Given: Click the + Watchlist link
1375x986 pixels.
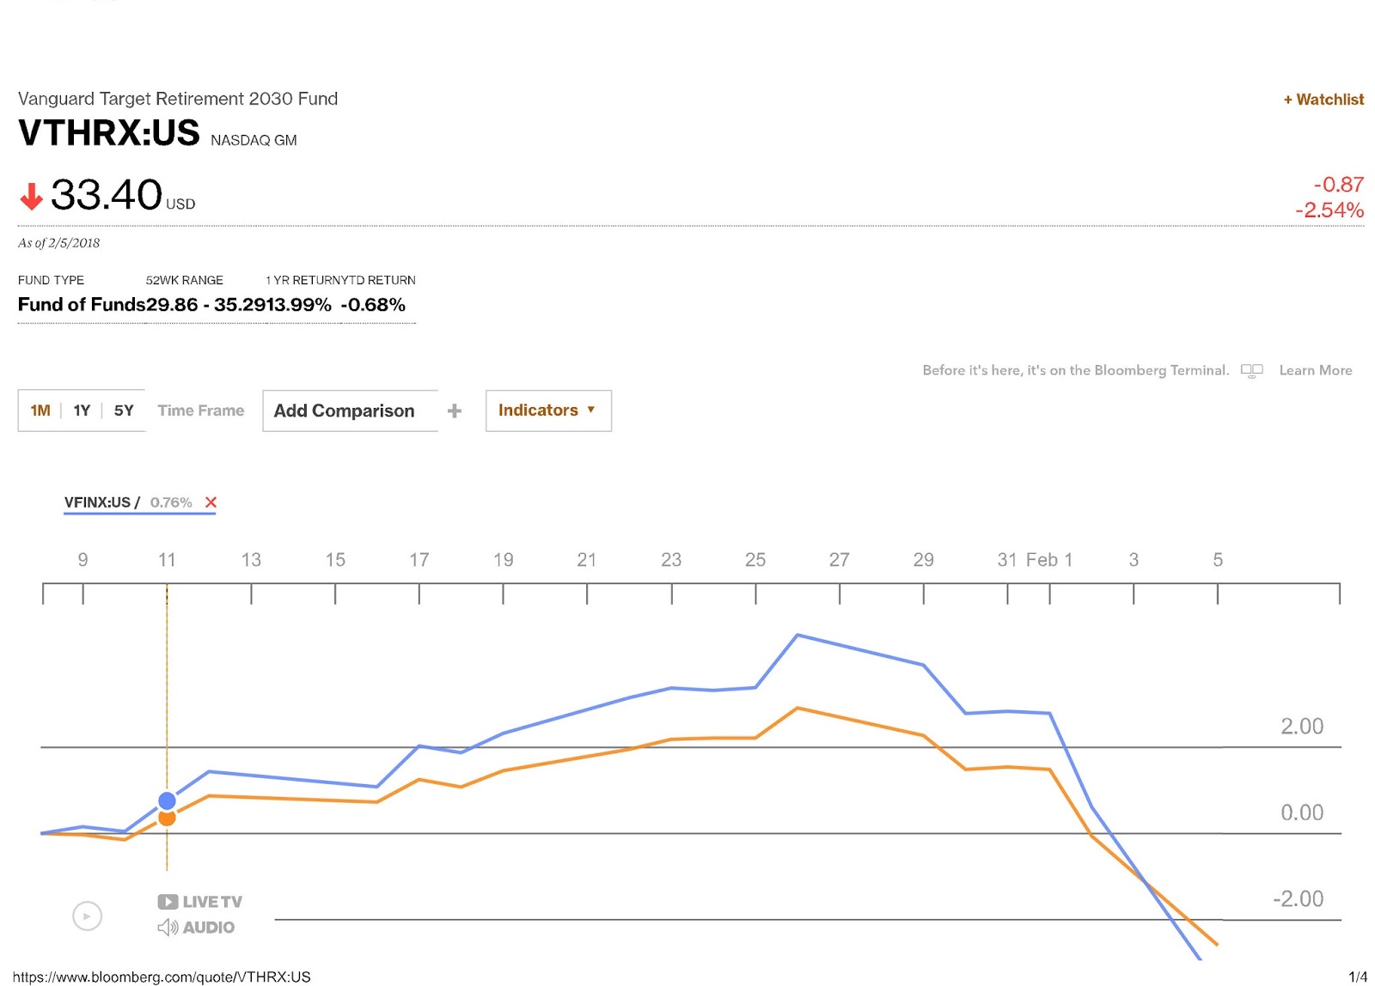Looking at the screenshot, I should point(1323,100).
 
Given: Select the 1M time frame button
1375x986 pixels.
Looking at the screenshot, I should point(40,411).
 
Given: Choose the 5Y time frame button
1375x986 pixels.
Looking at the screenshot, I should point(124,411).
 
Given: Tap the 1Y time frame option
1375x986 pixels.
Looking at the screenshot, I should point(82,411).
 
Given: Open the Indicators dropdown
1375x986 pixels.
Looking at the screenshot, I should point(547,411).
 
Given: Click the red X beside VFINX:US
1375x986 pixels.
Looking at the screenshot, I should point(211,502).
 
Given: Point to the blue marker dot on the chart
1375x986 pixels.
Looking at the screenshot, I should point(167,800).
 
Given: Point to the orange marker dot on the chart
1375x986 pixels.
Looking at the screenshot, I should point(167,819).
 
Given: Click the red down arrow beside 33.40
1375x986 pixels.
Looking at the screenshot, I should point(32,197).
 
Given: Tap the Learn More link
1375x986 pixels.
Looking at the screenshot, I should point(1315,370).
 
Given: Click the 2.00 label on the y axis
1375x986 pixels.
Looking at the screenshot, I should point(1301,727).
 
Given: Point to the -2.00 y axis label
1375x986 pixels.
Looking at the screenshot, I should point(1298,899).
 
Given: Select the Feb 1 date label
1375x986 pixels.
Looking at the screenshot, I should point(1049,560).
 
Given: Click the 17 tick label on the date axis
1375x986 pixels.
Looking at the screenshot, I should point(419,560).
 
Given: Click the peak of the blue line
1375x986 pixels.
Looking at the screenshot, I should point(797,635).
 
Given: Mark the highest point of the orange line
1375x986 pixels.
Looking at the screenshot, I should point(797,709).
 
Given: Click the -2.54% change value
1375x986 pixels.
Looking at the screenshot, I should point(1329,210).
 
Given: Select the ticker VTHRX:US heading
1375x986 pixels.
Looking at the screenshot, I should point(109,133).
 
